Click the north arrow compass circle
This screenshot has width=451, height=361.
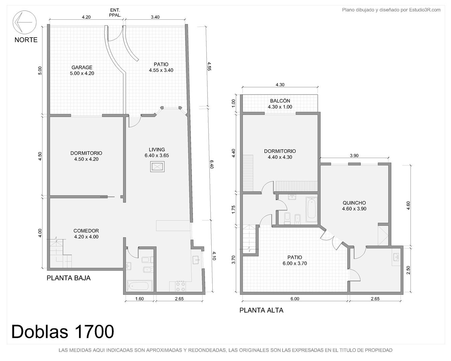[24, 11]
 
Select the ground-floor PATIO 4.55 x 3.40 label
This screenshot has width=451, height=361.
[161, 67]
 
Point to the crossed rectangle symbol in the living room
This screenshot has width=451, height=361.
[157, 167]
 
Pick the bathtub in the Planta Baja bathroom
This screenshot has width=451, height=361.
[139, 286]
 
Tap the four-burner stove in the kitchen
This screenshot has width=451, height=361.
[181, 286]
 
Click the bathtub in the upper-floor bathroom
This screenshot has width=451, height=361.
[312, 209]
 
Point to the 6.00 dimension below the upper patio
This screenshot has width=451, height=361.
[295, 299]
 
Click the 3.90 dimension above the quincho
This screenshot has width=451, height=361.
[354, 156]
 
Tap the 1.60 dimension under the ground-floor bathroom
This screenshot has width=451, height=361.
[139, 299]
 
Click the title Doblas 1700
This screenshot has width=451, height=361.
[63, 332]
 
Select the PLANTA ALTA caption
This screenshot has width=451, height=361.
[261, 310]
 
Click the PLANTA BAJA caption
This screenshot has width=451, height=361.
[69, 278]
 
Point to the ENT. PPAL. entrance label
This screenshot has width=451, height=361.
[115, 13]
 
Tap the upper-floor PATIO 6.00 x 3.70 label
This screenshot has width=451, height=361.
[295, 260]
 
